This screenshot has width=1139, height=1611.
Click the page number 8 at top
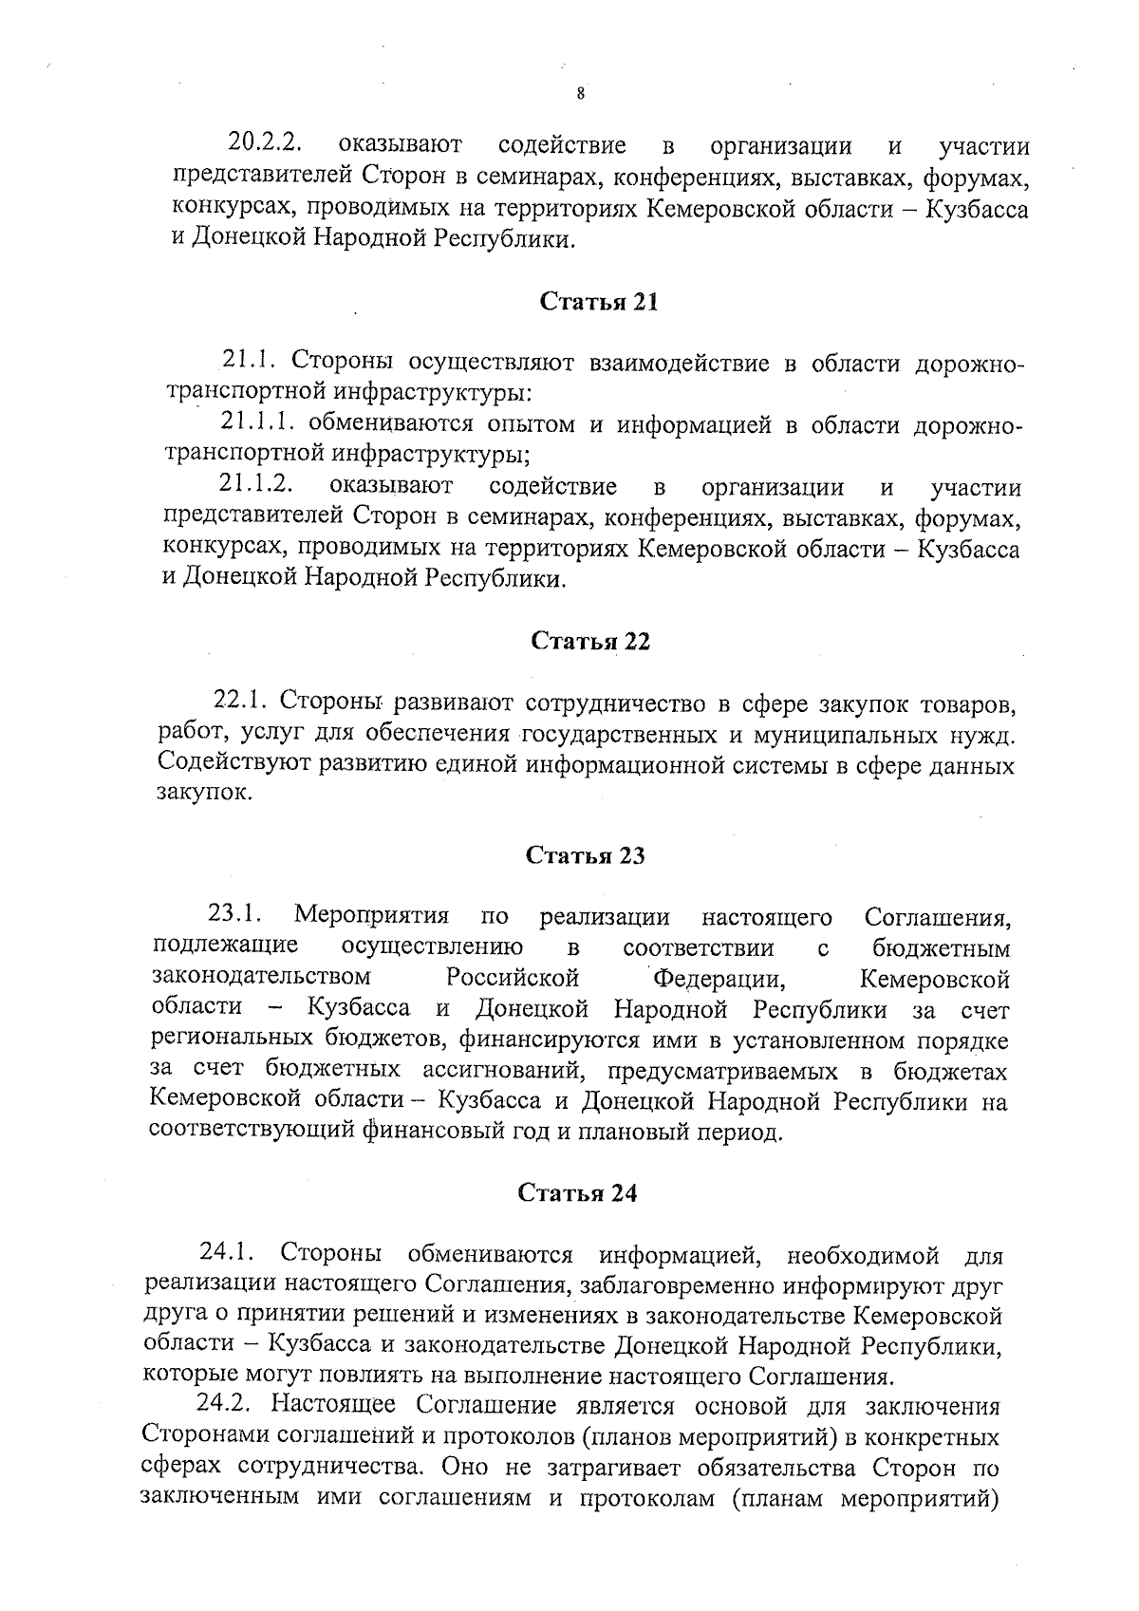[x=580, y=93]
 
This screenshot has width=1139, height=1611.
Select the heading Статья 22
[x=590, y=641]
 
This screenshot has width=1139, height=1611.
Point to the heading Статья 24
[x=577, y=1193]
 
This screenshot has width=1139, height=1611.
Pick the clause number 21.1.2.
[x=254, y=485]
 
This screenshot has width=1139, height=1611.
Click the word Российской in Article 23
[x=513, y=978]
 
